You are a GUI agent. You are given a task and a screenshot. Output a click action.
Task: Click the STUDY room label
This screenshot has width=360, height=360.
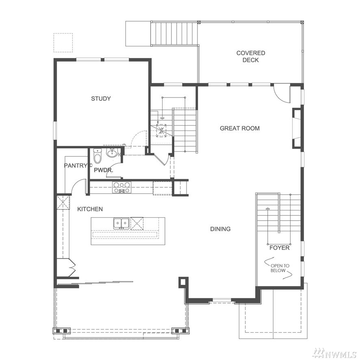101,98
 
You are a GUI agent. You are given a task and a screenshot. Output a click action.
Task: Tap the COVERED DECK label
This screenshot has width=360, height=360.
251,56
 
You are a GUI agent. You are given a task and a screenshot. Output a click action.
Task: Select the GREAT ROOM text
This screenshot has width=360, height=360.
240,128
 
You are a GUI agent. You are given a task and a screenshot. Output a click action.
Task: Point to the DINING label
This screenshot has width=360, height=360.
220,229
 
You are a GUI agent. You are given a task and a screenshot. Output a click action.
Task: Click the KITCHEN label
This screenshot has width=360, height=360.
90,209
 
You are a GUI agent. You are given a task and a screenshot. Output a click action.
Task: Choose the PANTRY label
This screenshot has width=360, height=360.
76,165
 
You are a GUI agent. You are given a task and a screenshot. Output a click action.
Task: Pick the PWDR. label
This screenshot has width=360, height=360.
104,170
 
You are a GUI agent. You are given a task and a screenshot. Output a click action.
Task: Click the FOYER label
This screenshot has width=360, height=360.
280,248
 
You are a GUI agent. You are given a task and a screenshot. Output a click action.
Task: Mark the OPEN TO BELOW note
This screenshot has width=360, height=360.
280,268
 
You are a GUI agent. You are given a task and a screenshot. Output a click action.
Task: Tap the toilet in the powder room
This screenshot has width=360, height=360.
98,156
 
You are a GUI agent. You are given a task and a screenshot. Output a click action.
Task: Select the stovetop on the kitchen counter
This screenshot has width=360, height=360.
121,187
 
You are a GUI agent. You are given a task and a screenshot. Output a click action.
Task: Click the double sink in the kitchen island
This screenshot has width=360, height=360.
121,223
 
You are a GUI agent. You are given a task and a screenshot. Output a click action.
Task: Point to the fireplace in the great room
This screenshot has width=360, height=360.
297,128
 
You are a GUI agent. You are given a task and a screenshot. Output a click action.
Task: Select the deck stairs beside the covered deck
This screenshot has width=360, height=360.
174,33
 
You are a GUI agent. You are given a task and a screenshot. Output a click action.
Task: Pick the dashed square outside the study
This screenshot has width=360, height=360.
63,43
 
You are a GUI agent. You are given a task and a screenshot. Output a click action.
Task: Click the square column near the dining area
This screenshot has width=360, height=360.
183,282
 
